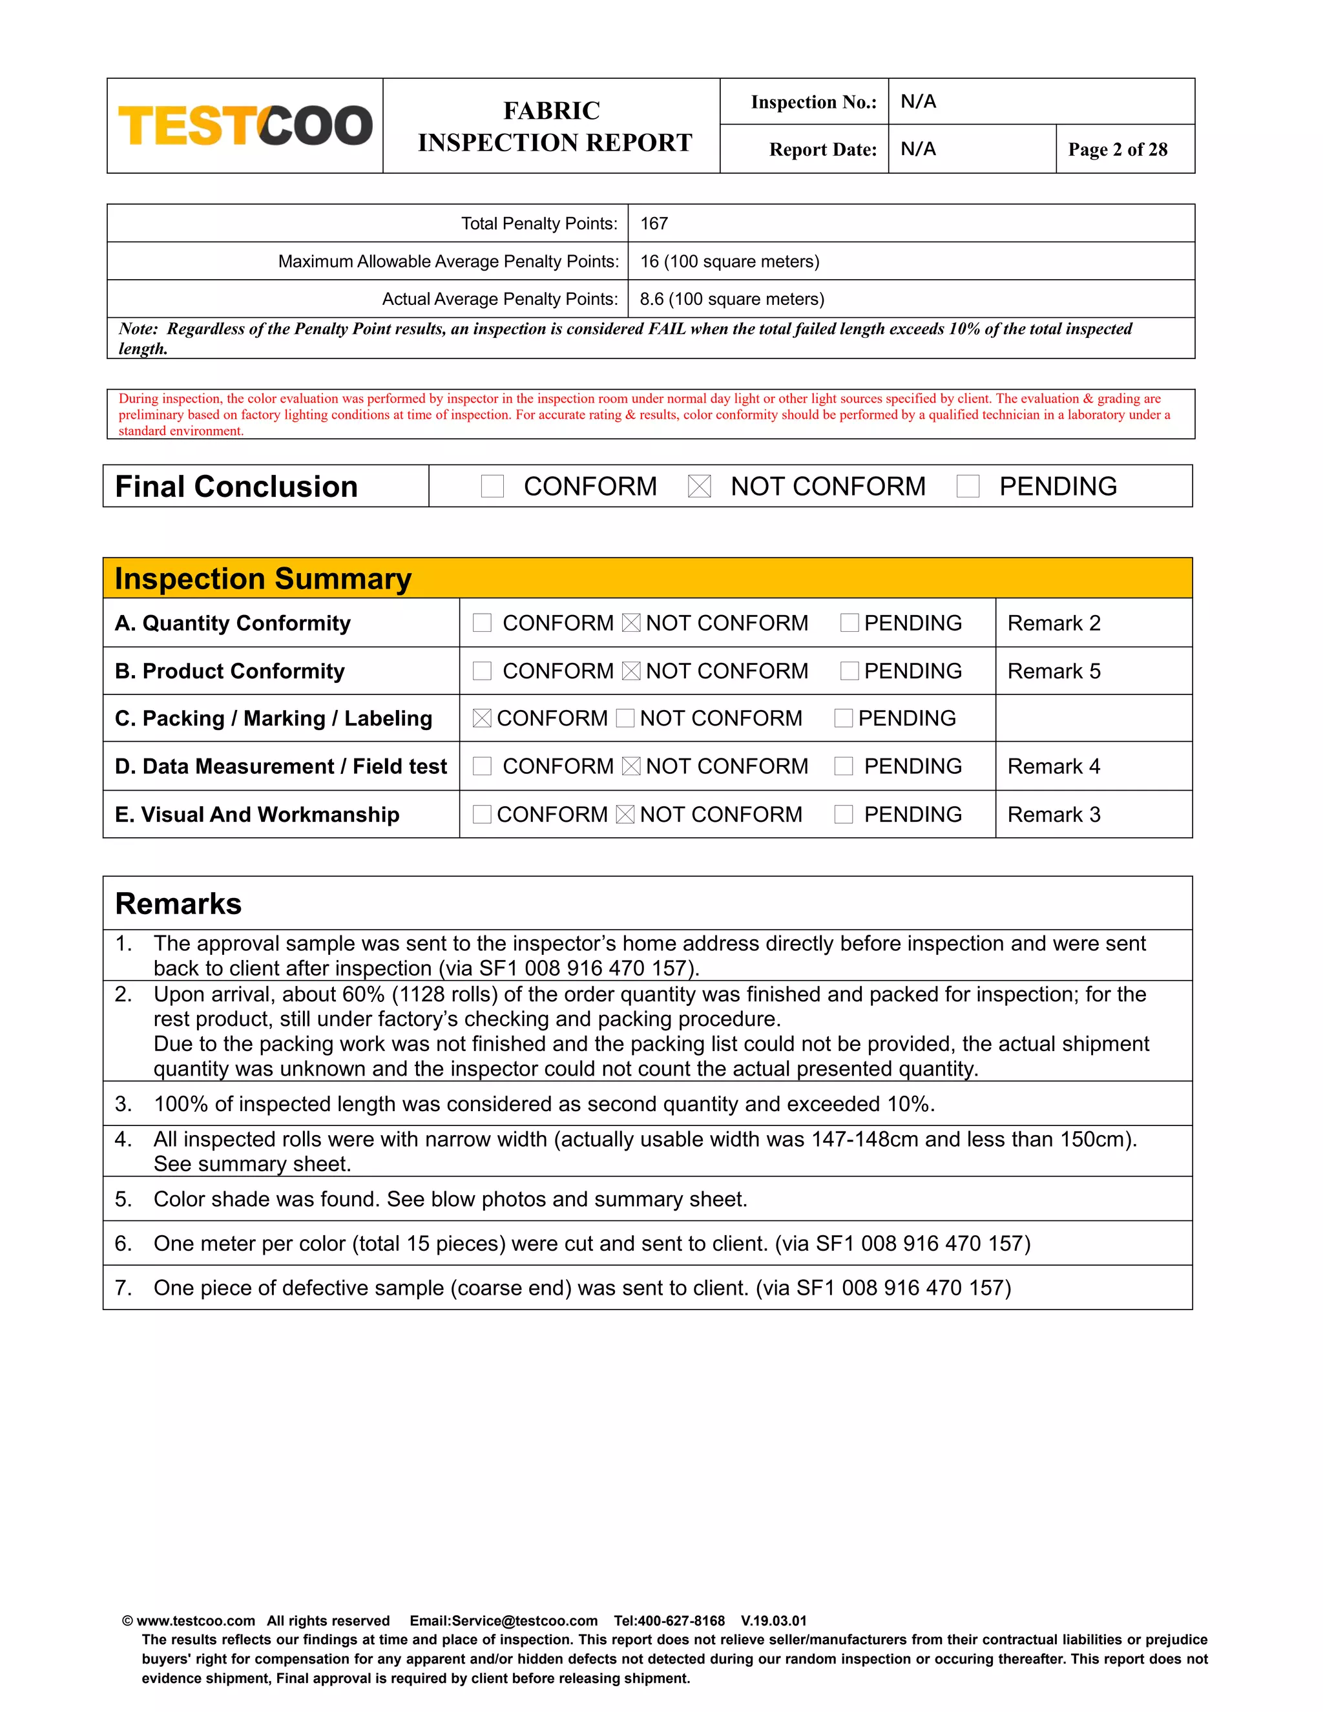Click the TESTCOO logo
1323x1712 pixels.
click(x=245, y=125)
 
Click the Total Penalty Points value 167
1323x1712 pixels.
click(x=654, y=224)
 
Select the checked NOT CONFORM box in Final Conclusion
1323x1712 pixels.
click(x=698, y=486)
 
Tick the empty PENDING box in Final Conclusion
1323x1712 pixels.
click(x=968, y=486)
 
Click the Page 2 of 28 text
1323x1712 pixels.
click(x=1117, y=149)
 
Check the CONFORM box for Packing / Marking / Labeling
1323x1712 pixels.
click(x=482, y=718)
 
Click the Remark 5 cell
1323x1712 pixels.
click(x=1054, y=671)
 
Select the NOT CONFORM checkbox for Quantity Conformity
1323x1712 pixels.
click(x=631, y=623)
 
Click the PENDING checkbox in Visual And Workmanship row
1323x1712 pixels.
click(x=843, y=815)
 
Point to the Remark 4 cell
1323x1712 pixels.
click(x=1054, y=766)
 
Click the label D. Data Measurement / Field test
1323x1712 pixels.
click(x=280, y=766)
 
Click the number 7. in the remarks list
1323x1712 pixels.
click(x=124, y=1288)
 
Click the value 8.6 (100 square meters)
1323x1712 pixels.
click(x=731, y=298)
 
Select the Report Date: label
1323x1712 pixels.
click(x=822, y=149)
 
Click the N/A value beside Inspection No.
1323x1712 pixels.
click(x=918, y=101)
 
